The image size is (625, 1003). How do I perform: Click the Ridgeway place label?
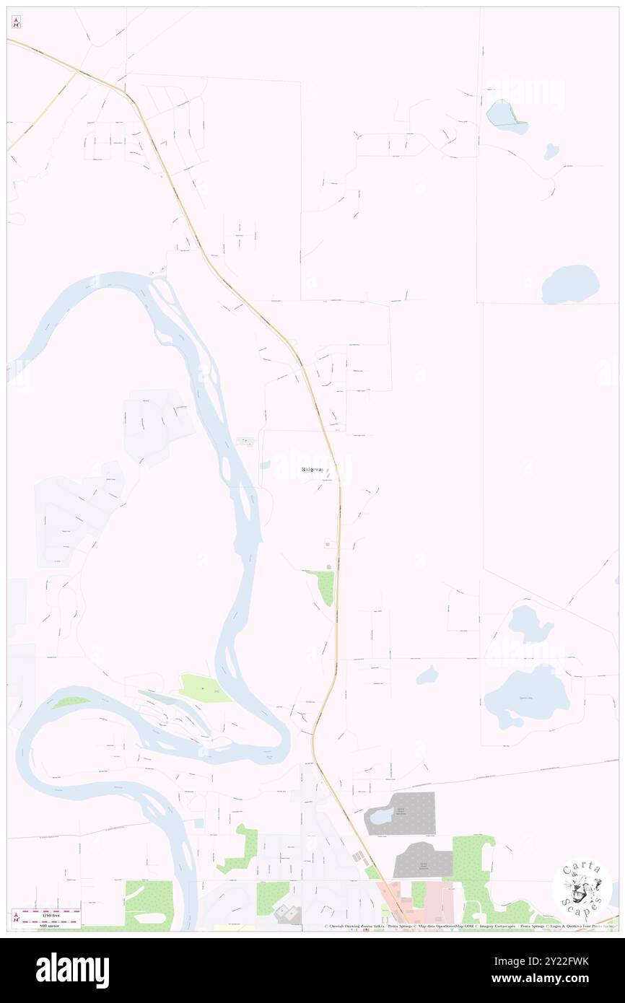point(312,470)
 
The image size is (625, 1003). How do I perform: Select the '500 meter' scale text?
point(50,921)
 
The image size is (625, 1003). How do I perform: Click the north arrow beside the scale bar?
point(16,919)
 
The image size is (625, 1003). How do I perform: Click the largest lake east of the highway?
point(528,697)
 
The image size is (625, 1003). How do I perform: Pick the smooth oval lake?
point(570,284)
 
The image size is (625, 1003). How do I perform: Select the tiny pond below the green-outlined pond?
point(551,152)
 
